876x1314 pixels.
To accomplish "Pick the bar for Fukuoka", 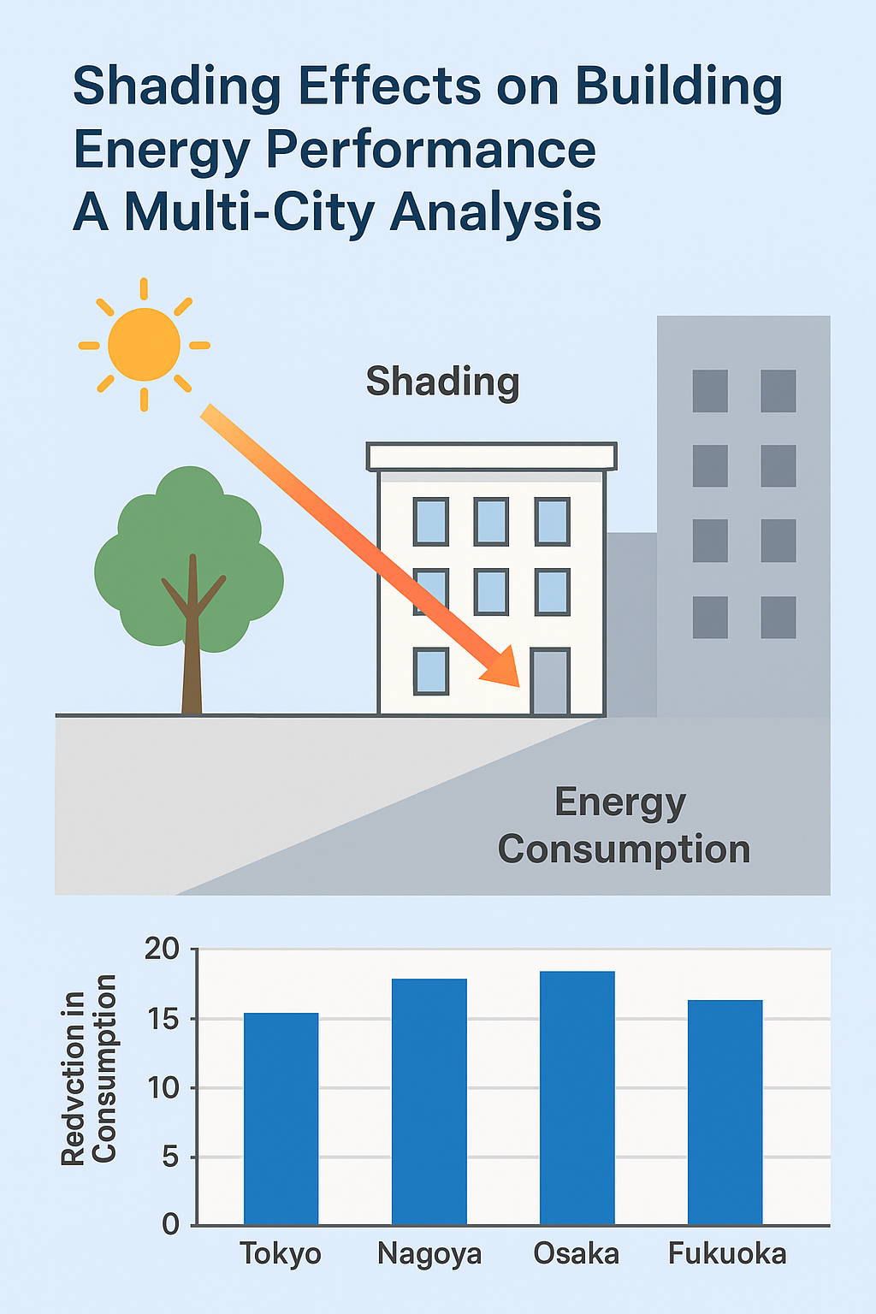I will tap(725, 1112).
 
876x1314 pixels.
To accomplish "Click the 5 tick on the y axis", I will tap(170, 1157).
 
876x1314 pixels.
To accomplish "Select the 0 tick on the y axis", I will tap(170, 1225).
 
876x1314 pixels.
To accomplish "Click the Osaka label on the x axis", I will tap(576, 1254).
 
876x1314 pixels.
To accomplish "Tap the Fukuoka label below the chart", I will tap(726, 1254).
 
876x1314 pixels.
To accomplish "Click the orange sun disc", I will tap(144, 345).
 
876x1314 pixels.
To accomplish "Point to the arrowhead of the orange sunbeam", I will tap(505, 670).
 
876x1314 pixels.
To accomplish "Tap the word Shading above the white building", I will tap(442, 382).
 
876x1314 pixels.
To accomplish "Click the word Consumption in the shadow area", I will tap(624, 849).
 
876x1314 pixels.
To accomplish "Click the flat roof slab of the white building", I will tap(491, 456).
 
